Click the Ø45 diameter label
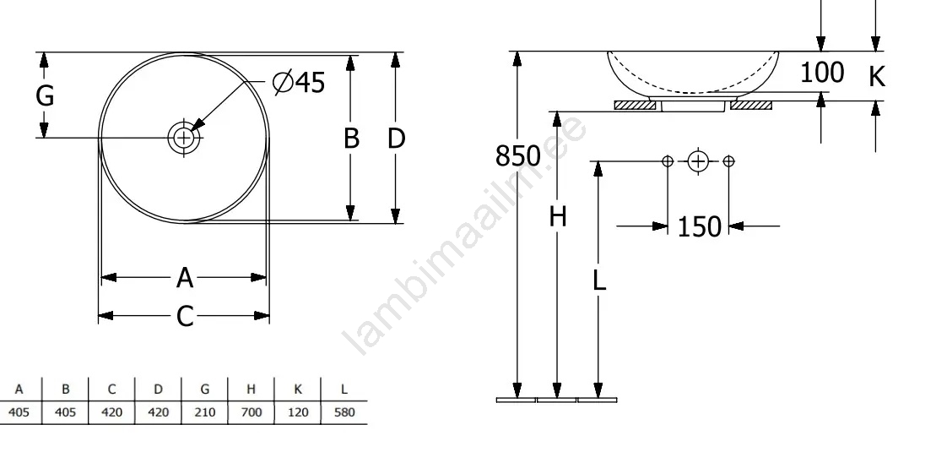[x=299, y=82]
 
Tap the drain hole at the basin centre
[x=184, y=138]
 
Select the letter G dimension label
[x=45, y=95]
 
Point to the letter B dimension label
[x=351, y=138]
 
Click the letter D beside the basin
[x=397, y=138]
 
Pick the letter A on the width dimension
[x=185, y=278]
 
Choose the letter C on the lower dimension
[x=185, y=316]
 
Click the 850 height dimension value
[x=517, y=156]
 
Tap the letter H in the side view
[x=558, y=217]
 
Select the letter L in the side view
[x=598, y=280]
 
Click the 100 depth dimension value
[x=822, y=73]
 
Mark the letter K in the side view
[x=876, y=77]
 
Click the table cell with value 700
[x=252, y=412]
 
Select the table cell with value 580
[x=344, y=412]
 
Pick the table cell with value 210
[x=205, y=412]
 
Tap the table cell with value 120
[x=298, y=412]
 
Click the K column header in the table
[x=298, y=389]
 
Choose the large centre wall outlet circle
[x=697, y=161]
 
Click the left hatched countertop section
[x=636, y=106]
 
